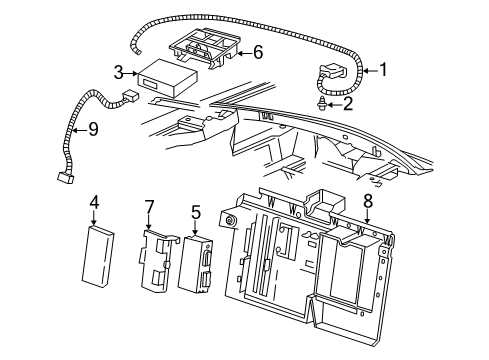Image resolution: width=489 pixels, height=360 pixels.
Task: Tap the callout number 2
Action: pyautogui.click(x=347, y=102)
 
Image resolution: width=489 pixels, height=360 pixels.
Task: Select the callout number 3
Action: pyautogui.click(x=119, y=72)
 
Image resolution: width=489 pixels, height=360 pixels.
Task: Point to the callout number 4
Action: pyautogui.click(x=94, y=203)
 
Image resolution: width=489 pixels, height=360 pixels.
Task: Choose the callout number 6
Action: pyautogui.click(x=258, y=50)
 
